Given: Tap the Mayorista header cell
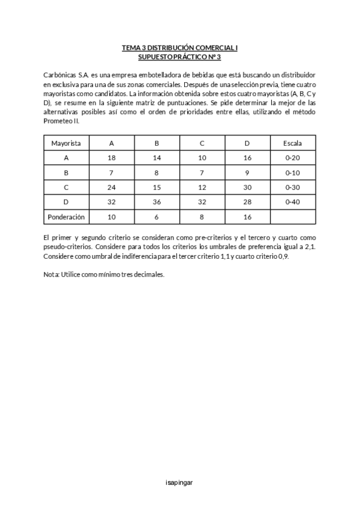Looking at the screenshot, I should (x=67, y=143).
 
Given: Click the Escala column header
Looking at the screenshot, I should (x=293, y=143).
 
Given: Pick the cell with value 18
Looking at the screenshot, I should (x=112, y=158).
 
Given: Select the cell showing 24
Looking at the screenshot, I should (x=112, y=187).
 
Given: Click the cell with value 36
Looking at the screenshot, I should (x=157, y=202).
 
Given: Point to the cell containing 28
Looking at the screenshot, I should (x=247, y=202).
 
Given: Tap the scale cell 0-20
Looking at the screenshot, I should (x=293, y=158).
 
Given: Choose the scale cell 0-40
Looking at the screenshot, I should (x=293, y=202).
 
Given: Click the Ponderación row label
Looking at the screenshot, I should (x=67, y=217).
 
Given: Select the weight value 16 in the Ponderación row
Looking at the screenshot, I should (x=247, y=217).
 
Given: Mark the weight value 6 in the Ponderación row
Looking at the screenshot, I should (x=157, y=217).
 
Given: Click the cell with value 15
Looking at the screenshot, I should (x=157, y=187).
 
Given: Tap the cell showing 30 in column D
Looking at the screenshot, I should (x=247, y=187).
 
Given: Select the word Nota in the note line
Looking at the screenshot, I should (x=51, y=274).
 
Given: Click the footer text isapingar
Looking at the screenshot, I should (x=180, y=482).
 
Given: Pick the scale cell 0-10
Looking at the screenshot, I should (x=293, y=173).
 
